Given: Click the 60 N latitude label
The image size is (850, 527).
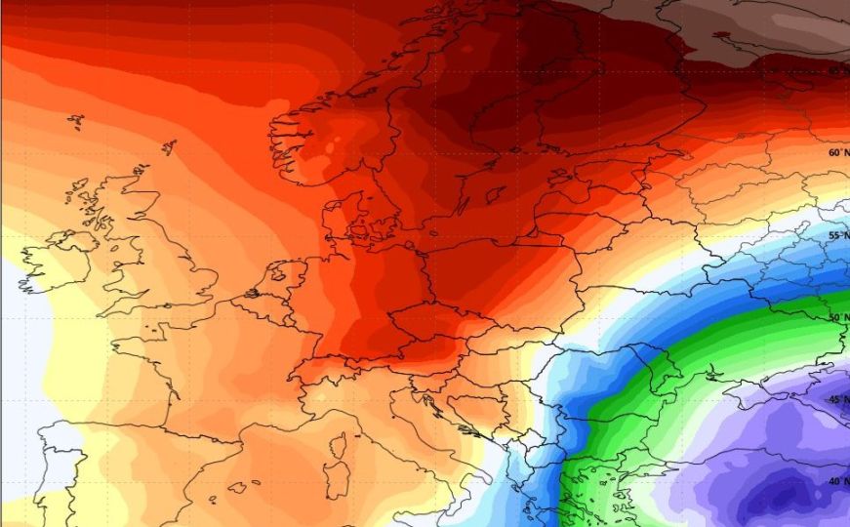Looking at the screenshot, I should [835, 152].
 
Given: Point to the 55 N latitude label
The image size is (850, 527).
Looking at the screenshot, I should [836, 235].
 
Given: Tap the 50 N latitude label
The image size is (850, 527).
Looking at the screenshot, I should [836, 318].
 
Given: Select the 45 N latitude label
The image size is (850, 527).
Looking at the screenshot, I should [836, 400].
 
